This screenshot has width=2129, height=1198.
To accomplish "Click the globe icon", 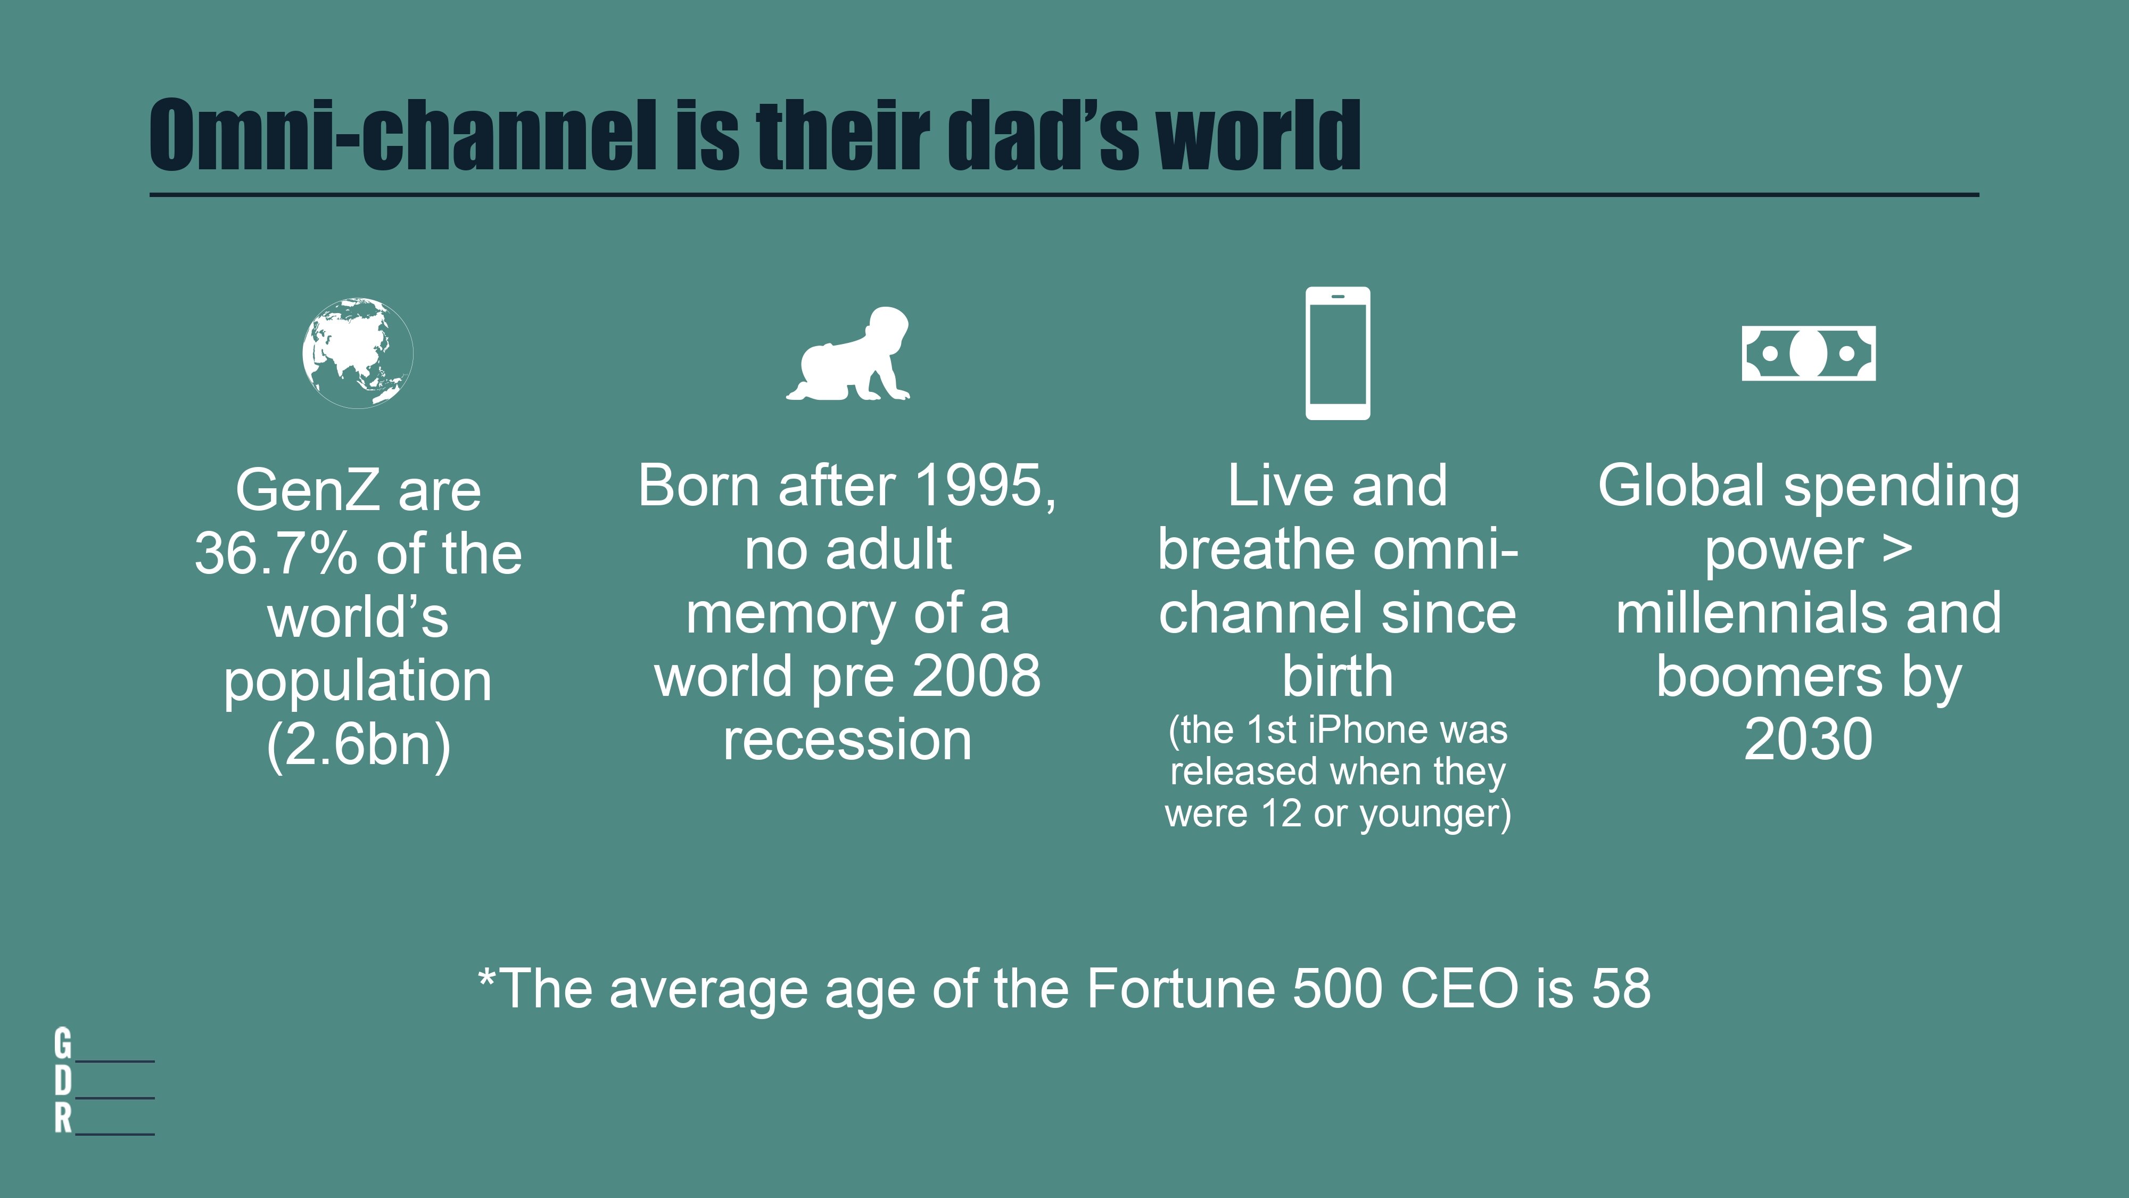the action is point(358,353).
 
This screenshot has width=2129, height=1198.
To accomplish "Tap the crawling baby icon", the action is point(848,354).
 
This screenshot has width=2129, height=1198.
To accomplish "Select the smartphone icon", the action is point(1337,353).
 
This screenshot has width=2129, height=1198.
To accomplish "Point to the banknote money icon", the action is point(1809,353).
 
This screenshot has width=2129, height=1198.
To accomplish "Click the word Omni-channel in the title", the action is point(404,135).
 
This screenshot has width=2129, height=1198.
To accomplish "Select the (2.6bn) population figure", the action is point(359,745).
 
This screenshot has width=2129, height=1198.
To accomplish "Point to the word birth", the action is point(1337,676).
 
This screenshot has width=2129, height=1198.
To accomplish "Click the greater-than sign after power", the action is point(1897,549).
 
